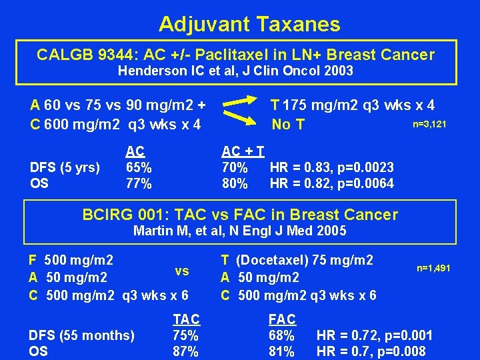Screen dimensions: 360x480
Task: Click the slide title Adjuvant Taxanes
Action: (249, 25)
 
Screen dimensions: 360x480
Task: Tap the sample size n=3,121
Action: (429, 124)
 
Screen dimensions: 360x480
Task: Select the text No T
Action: (288, 125)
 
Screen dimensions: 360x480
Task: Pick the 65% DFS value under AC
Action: (139, 167)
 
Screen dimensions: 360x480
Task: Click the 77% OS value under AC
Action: (139, 183)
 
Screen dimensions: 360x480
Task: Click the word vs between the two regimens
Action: (182, 271)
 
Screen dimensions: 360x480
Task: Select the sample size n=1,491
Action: (433, 268)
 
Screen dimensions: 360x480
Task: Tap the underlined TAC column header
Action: (186, 319)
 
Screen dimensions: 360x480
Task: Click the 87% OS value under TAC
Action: (185, 351)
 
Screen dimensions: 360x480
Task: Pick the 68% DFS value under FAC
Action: (281, 335)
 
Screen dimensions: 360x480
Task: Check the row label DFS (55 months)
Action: (81, 335)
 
